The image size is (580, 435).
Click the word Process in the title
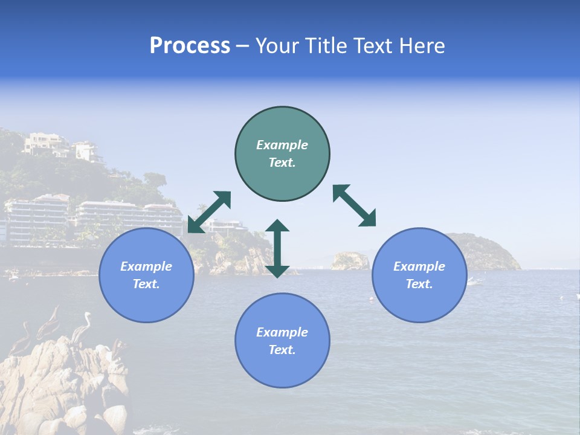click(x=190, y=46)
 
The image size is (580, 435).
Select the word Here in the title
click(x=421, y=46)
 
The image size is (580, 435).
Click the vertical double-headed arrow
click(x=277, y=248)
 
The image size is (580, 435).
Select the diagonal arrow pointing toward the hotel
click(x=209, y=211)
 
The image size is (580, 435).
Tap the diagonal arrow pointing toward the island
click(x=354, y=205)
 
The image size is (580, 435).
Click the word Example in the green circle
click(x=282, y=145)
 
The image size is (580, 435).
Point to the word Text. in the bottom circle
click(x=282, y=350)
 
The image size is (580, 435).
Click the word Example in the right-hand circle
click(x=419, y=266)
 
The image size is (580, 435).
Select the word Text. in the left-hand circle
click(x=146, y=284)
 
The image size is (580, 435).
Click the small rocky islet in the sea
click(x=350, y=260)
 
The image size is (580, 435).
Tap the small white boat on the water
click(x=475, y=281)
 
